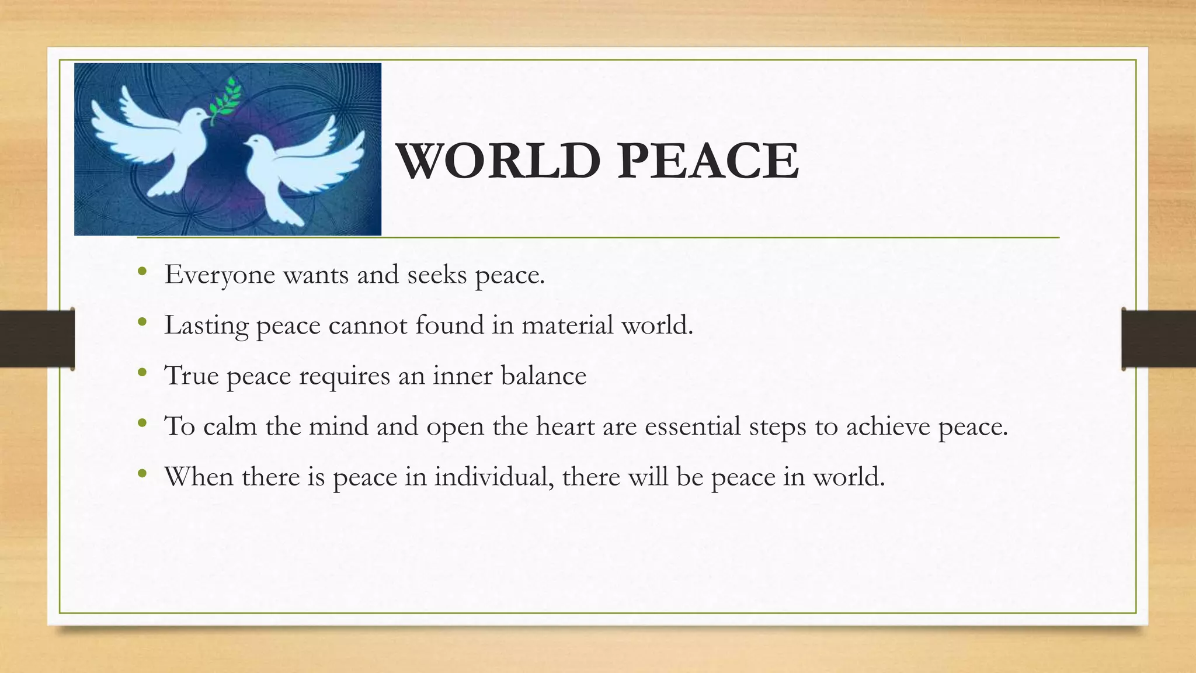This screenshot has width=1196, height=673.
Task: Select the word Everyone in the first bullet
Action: (x=220, y=275)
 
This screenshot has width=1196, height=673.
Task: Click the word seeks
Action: (x=437, y=274)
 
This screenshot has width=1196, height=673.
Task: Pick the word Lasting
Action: (x=206, y=325)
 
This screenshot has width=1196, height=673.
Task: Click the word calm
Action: (x=230, y=426)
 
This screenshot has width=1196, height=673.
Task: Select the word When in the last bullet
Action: (x=199, y=477)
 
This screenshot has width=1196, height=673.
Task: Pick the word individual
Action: (x=493, y=477)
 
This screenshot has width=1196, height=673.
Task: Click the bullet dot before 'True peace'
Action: (x=142, y=372)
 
